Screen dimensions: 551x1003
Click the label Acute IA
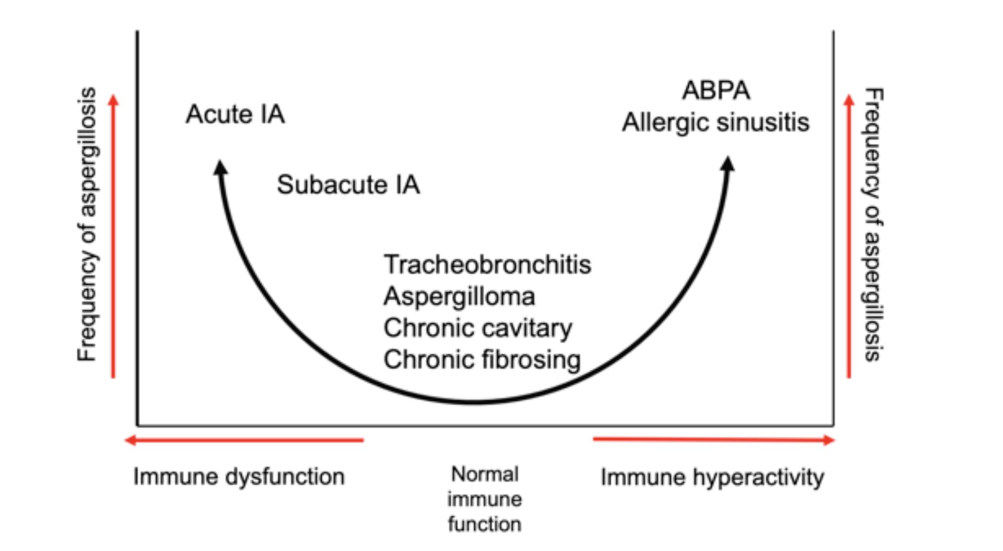click(x=235, y=114)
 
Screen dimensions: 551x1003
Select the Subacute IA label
click(x=348, y=185)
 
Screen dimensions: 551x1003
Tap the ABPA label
click(x=716, y=90)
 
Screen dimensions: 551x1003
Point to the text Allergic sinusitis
click(x=715, y=123)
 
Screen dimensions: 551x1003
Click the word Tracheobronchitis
click(x=487, y=264)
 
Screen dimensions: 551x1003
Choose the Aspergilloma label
click(x=459, y=296)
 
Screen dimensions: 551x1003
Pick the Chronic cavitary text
click(x=477, y=328)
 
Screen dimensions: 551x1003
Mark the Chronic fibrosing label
click(x=482, y=360)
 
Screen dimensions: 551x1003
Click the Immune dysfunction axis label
click(x=239, y=476)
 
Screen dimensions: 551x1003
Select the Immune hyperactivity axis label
click(x=712, y=477)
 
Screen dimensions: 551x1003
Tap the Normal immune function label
click(x=485, y=499)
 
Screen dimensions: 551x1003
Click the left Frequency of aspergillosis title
click(x=88, y=224)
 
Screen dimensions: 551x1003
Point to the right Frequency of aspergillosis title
click(x=873, y=224)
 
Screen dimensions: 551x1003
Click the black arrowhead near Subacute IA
click(x=221, y=167)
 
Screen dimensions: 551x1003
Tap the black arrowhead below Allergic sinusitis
click(x=728, y=164)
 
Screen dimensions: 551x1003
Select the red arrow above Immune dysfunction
click(x=244, y=440)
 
